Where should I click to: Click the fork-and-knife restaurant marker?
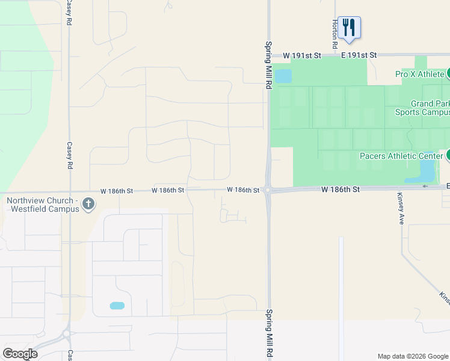click(x=349, y=28)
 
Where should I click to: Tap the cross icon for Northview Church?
click(x=88, y=204)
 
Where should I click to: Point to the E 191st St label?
click(x=359, y=55)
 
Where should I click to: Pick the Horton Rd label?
click(x=334, y=34)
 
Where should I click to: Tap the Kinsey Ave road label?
click(x=401, y=209)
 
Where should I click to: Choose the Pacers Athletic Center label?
click(x=401, y=156)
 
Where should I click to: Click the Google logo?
click(x=20, y=354)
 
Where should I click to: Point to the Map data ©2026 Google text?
click(x=413, y=356)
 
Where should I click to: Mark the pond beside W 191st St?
click(x=283, y=76)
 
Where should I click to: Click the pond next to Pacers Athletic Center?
click(x=427, y=173)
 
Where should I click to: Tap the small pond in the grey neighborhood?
click(x=117, y=306)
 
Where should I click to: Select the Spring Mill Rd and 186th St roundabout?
click(x=268, y=190)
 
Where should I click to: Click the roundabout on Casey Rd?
click(x=66, y=333)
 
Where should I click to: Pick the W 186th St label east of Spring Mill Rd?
click(x=341, y=190)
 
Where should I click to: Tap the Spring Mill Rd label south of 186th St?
click(x=269, y=334)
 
